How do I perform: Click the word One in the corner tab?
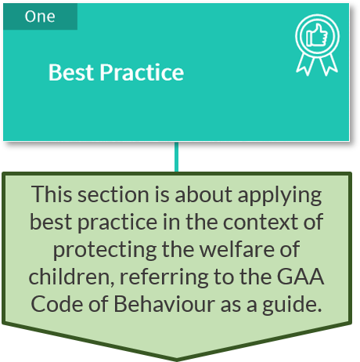point(40,16)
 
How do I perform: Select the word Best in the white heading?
point(71,72)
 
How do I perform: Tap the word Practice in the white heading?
point(142,72)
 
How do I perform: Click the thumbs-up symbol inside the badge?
point(317,34)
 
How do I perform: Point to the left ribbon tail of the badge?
point(304,64)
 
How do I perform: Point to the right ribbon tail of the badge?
point(329,64)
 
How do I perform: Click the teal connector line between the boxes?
point(177,157)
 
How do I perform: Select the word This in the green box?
point(52,194)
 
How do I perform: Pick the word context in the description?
point(261,222)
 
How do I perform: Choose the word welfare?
point(236,249)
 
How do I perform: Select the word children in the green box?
point(71,277)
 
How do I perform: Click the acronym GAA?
point(301,277)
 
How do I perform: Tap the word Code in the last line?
point(57,304)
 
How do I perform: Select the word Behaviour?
point(164,304)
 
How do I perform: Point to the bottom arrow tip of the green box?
point(177,360)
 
